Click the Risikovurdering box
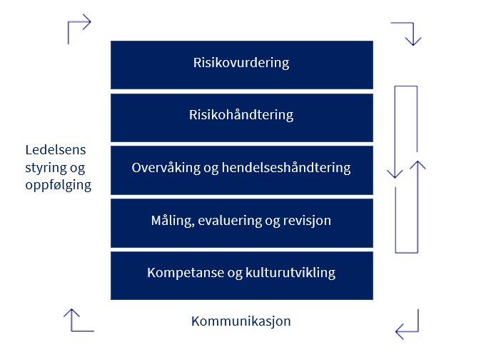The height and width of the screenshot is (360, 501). pos(242,65)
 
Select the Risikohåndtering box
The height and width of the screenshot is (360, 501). pos(242,118)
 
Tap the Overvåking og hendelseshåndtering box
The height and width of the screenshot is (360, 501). pos(242,171)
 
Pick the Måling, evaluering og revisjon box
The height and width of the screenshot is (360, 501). pos(242,223)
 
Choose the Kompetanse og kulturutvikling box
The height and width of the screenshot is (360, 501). pos(242,276)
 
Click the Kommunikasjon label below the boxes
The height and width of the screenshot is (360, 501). pos(241,321)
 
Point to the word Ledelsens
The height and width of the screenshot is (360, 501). pos(56,149)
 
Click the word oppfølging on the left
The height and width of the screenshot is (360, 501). pos(59,186)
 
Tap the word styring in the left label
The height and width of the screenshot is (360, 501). pos(41,168)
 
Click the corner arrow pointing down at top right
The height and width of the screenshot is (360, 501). pos(413,24)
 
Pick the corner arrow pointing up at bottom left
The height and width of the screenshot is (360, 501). pos(71,330)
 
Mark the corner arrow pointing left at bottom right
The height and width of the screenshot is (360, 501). pos(417,331)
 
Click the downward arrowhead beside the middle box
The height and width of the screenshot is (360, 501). pos(395,174)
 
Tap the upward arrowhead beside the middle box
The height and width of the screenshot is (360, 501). pos(417,165)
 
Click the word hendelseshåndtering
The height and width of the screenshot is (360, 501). pos(286,168)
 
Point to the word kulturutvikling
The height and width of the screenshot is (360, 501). pos(290,273)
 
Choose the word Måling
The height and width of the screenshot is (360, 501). pos(173,221)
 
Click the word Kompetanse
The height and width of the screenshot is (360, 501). pos(186,273)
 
